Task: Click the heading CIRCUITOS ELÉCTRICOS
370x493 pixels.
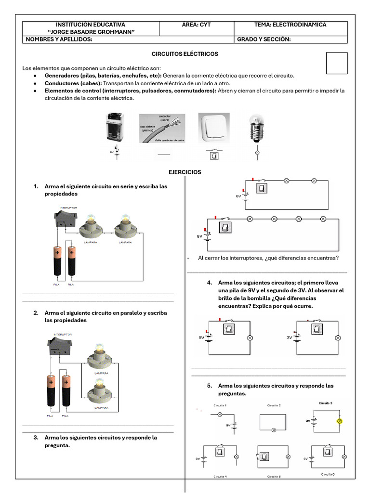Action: point(185,54)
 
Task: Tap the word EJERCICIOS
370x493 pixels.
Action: point(185,172)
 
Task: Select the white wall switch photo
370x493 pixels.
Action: point(214,128)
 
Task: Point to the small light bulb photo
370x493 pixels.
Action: point(256,128)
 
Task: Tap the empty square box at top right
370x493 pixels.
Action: point(337,64)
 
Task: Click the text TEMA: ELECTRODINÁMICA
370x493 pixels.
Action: point(290,25)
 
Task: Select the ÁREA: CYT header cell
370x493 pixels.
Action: point(196,25)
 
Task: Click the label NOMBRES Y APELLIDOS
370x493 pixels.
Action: point(59,39)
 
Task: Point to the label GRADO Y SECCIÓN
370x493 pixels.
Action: point(264,39)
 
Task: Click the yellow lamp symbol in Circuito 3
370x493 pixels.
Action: point(339,421)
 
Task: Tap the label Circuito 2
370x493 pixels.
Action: point(274,405)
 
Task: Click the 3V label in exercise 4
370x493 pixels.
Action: point(289,337)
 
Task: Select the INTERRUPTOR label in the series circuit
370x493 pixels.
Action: point(68,208)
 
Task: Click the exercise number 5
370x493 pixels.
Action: point(210,386)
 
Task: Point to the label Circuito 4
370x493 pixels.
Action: point(220,476)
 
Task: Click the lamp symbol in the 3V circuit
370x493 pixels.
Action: point(337,338)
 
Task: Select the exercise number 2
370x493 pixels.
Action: point(36,312)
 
